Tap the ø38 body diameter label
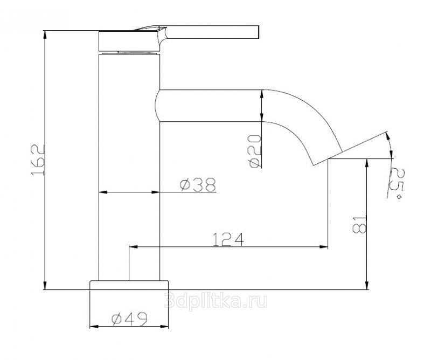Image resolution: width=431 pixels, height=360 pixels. [198, 184]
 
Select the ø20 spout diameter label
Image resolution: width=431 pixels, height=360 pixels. [254, 151]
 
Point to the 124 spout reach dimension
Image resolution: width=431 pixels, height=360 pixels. [228, 239]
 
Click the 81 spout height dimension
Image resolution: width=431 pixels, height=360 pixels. [359, 224]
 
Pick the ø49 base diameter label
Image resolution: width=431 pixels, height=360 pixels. [129, 319]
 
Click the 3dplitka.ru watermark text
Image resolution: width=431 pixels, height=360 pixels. [215, 300]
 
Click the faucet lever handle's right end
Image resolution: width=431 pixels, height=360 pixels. [259, 32]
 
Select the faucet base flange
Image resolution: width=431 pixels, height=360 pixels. [129, 285]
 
